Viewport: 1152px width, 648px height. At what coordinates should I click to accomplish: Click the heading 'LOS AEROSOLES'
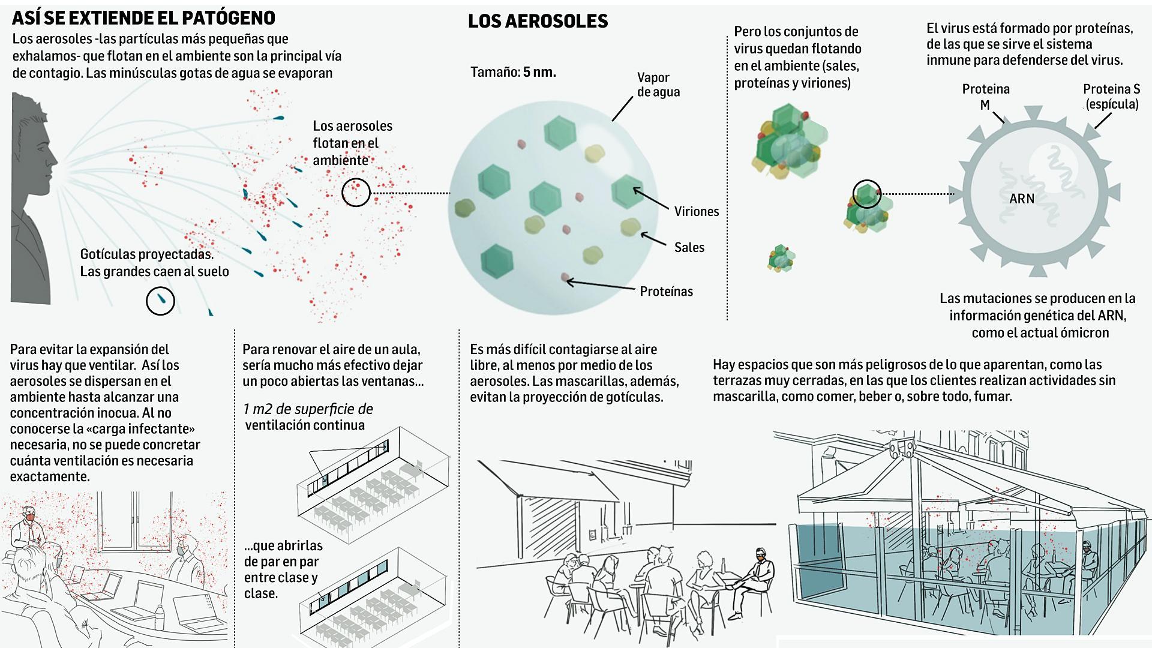click(538, 22)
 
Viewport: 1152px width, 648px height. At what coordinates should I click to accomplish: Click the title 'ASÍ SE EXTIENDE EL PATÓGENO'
click(143, 18)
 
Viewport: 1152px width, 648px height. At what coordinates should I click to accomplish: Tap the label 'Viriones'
click(696, 211)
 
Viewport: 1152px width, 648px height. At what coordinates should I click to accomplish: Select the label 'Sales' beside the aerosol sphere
click(689, 247)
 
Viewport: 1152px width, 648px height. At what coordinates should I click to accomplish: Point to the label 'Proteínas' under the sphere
click(666, 292)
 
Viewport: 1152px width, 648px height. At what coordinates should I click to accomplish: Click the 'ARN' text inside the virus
click(1022, 199)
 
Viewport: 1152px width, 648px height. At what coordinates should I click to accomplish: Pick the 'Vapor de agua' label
click(658, 85)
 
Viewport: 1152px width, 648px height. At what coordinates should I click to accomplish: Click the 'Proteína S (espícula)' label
click(1111, 97)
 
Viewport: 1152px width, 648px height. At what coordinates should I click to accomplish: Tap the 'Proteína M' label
click(986, 97)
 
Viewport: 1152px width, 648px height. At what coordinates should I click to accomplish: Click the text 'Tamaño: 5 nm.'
click(513, 73)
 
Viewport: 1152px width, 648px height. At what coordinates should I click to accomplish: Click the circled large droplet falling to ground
click(160, 301)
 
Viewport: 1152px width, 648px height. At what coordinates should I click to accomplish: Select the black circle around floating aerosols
click(356, 193)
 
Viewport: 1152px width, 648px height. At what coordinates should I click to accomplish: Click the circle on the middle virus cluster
click(867, 194)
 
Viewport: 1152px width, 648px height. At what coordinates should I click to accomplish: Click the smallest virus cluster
click(781, 258)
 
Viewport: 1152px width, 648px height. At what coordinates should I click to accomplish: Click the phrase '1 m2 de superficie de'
click(308, 409)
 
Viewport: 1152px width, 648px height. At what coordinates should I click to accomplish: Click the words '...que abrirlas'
click(283, 546)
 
